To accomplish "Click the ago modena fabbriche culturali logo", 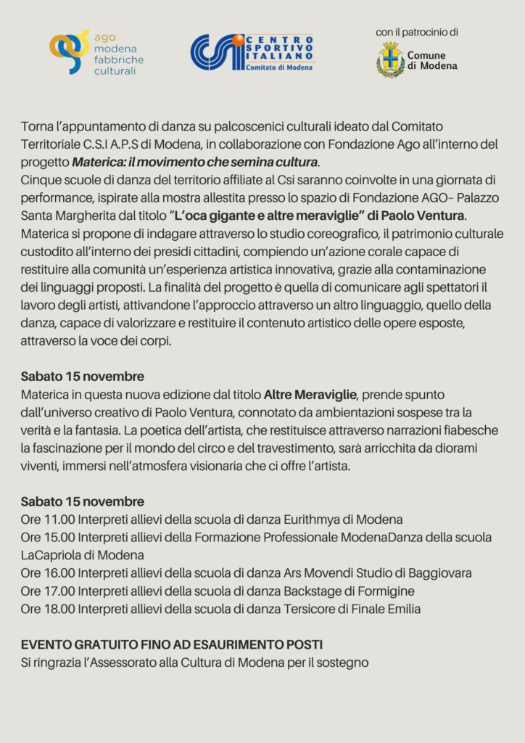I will [96, 52].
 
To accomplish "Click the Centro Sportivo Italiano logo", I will [252, 53].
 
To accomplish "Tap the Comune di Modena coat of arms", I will [390, 60].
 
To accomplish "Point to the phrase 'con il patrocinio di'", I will [417, 32].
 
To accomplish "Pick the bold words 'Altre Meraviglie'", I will [310, 395].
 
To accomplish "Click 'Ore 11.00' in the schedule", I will [48, 520].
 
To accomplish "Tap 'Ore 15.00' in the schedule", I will [48, 538].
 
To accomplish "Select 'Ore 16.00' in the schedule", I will [48, 573].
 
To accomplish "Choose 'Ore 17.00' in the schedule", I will [48, 591].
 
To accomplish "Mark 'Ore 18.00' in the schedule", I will [48, 609].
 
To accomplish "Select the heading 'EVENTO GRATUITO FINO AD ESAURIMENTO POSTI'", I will [172, 644].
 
